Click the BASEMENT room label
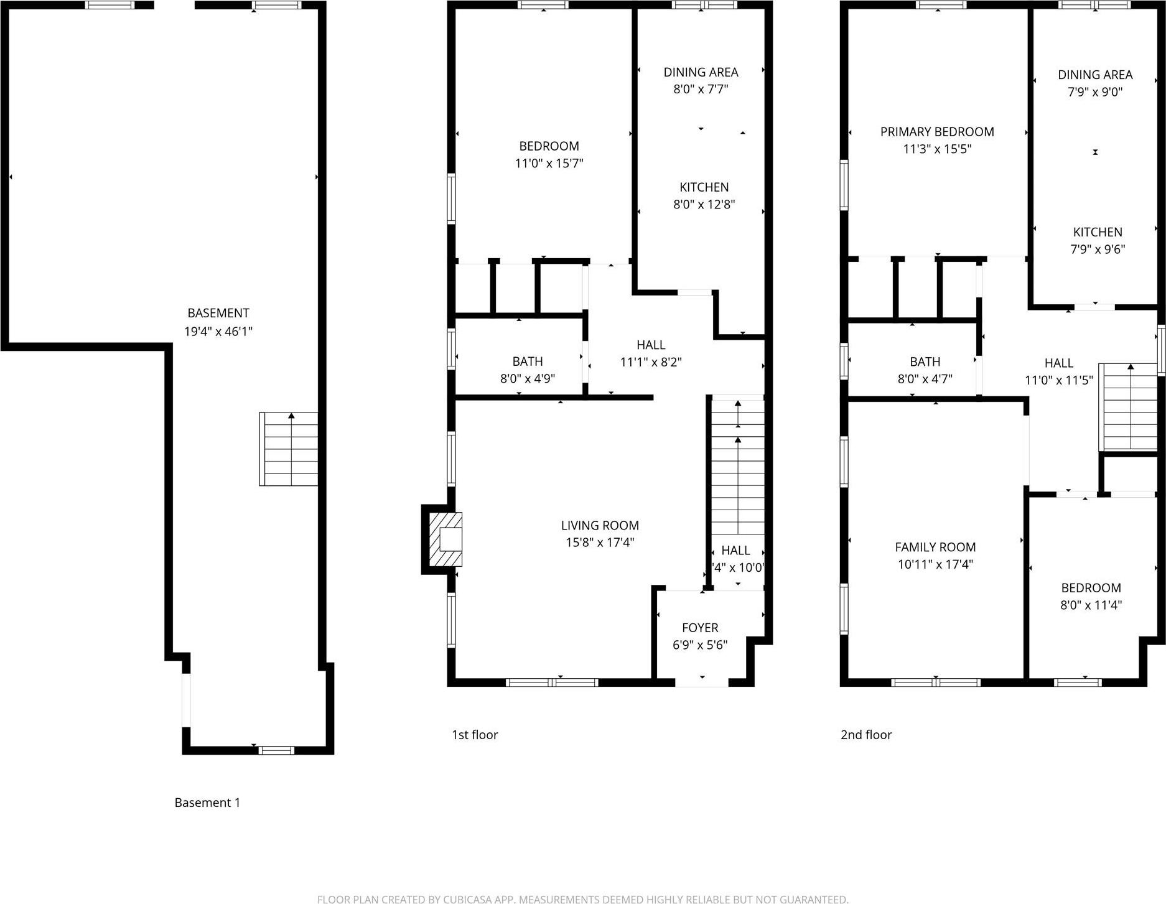coord(218,313)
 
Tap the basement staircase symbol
coord(289,449)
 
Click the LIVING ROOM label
coord(600,526)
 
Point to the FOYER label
coord(700,628)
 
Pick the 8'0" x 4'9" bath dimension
coord(528,378)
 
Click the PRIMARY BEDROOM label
coord(937,132)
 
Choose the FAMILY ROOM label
coord(935,547)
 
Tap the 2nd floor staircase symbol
coord(1128,408)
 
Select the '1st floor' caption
coord(475,735)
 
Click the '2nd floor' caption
coord(866,735)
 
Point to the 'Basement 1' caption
coord(207,803)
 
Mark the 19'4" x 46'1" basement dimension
coord(218,331)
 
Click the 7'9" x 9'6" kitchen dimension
coord(1098,249)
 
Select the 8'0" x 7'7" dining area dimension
coord(701,89)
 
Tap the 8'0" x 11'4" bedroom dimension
coord(1091,605)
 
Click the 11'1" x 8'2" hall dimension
coord(651,361)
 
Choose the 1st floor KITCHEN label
coord(704,187)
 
